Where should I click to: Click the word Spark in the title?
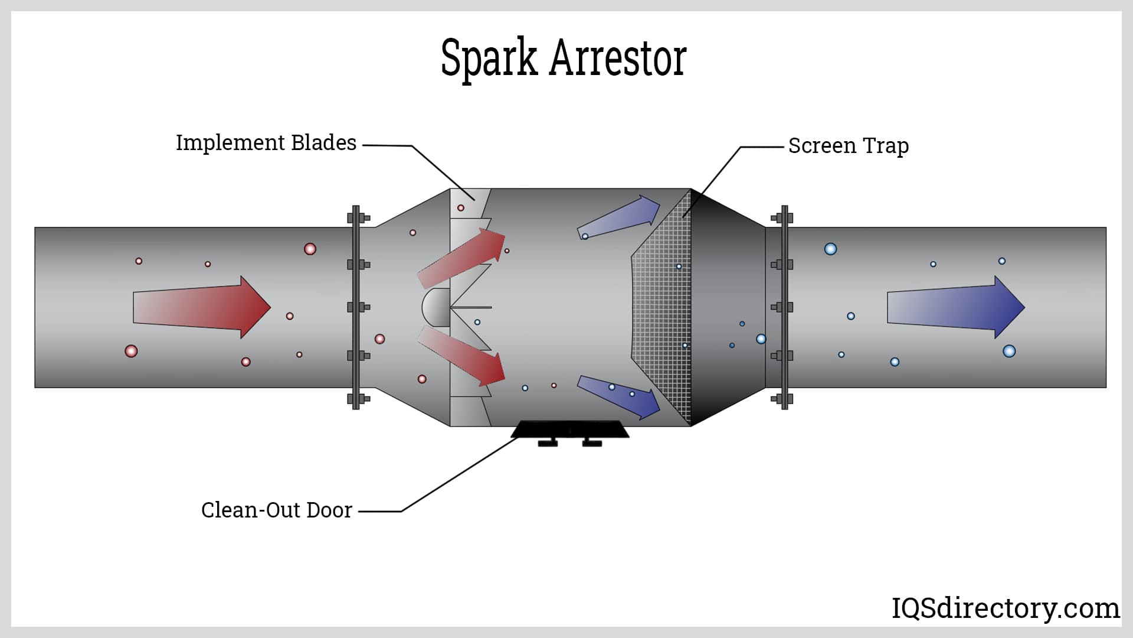pos(489,58)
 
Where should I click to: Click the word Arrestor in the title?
pos(618,58)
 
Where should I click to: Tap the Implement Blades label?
pos(266,143)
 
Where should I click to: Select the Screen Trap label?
pos(848,146)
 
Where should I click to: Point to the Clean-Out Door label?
pos(276,510)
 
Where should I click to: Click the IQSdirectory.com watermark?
pos(1005,608)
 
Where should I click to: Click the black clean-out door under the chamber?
pos(569,429)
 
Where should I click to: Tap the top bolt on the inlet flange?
pos(356,218)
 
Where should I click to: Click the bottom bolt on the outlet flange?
pos(783,399)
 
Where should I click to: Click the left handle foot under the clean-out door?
pos(548,442)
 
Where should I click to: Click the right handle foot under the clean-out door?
pos(591,442)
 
